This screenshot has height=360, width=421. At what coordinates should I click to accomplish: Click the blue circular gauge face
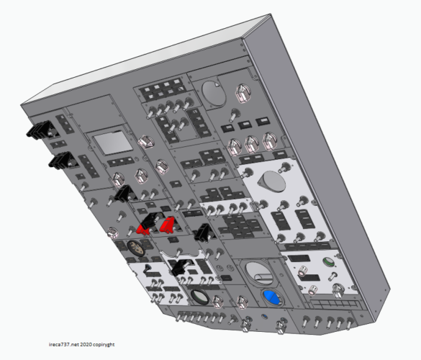pyautogui.click(x=272, y=297)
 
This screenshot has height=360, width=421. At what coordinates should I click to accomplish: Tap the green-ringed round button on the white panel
pyautogui.click(x=330, y=262)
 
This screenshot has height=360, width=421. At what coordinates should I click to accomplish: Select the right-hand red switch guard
pyautogui.click(x=167, y=225)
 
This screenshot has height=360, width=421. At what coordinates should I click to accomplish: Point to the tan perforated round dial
pyautogui.click(x=136, y=248)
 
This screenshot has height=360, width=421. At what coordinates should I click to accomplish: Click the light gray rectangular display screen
pyautogui.click(x=113, y=144)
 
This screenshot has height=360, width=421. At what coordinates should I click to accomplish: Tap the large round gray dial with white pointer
pyautogui.click(x=214, y=94)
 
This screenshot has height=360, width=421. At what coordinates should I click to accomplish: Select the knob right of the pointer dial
pyautogui.click(x=243, y=93)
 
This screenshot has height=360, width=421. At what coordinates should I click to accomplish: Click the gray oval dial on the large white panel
pyautogui.click(x=272, y=181)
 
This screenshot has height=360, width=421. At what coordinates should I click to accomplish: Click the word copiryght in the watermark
pyautogui.click(x=104, y=344)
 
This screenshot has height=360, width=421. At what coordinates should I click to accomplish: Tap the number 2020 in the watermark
pyautogui.click(x=86, y=344)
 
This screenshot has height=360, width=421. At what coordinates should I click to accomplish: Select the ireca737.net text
pyautogui.click(x=64, y=344)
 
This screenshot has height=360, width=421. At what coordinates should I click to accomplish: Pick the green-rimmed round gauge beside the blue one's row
pyautogui.click(x=200, y=297)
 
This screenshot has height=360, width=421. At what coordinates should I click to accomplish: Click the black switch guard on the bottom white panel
pyautogui.click(x=178, y=267)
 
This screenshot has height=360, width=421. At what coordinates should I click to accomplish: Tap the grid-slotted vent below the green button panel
pyautogui.click(x=336, y=305)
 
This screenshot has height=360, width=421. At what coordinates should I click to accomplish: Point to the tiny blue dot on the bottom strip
pyautogui.click(x=264, y=316)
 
